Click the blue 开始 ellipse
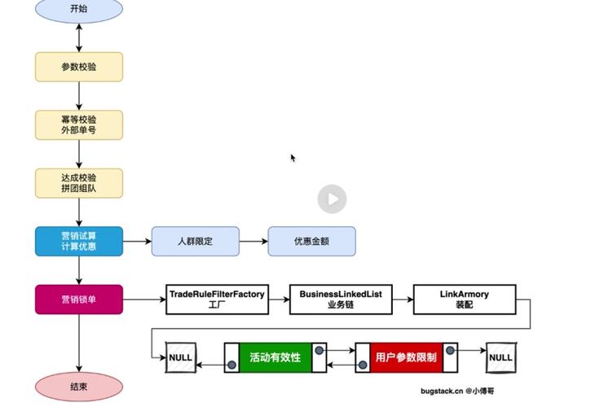tap(79, 10)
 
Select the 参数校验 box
tap(79, 67)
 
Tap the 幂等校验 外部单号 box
tap(79, 125)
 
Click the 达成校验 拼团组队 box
tap(79, 183)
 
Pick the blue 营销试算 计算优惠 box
tap(79, 241)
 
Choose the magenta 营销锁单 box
tap(79, 299)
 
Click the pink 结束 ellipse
tap(79, 387)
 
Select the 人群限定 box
tap(196, 241)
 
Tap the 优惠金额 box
tap(312, 241)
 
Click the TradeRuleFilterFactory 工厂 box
tap(217, 299)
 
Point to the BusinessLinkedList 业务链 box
tap(341, 299)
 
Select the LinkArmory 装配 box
tap(465, 299)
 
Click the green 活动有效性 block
tap(275, 357)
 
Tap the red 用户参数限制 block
tap(405, 357)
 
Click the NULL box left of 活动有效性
tap(180, 357)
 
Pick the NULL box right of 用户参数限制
tap(500, 357)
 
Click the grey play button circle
tap(332, 199)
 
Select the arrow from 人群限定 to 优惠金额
tap(253, 241)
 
